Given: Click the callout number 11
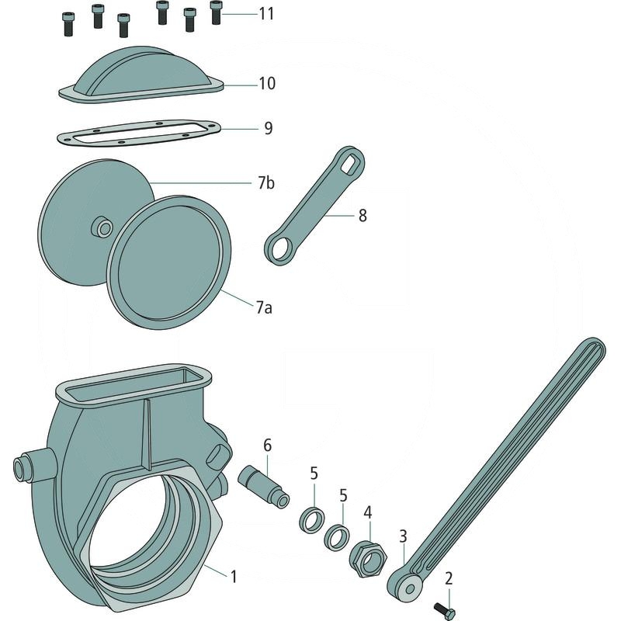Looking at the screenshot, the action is (266, 14).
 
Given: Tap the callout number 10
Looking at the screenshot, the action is (267, 84).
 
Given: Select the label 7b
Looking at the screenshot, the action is (265, 183).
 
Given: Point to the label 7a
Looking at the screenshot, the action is (264, 307).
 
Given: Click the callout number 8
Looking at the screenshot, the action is (363, 216).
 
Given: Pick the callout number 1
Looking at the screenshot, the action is (234, 577).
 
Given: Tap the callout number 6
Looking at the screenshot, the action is (268, 446).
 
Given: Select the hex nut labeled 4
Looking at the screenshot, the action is (367, 558).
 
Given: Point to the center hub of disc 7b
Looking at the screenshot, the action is (102, 227).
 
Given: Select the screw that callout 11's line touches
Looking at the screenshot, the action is (216, 12).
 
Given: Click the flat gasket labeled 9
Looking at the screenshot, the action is (139, 134).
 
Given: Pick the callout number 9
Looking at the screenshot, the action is (269, 128).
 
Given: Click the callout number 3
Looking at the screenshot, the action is (403, 536).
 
